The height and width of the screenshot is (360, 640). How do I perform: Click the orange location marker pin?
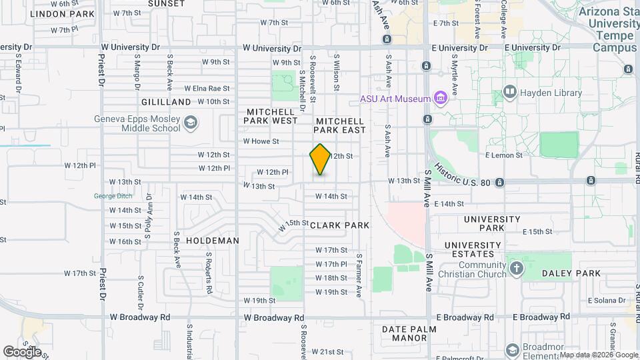(320, 159)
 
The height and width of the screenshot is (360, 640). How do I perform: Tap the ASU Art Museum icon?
(440, 99)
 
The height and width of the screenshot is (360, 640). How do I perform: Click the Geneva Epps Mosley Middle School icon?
(191, 122)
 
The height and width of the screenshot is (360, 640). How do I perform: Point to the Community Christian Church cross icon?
(516, 269)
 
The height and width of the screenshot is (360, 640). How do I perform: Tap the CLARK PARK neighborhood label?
(339, 225)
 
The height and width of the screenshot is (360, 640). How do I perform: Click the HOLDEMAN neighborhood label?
(213, 240)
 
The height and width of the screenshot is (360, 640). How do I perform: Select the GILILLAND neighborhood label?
(166, 102)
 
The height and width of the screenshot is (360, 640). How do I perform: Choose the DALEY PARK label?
(571, 273)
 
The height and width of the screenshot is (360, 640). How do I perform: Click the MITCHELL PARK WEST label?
(272, 116)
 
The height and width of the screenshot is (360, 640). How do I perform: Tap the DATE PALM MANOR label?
(409, 333)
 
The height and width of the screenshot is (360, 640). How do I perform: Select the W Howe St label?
(261, 141)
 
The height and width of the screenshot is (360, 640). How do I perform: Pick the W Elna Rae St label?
(206, 88)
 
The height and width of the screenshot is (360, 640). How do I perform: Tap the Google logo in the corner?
(22, 351)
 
